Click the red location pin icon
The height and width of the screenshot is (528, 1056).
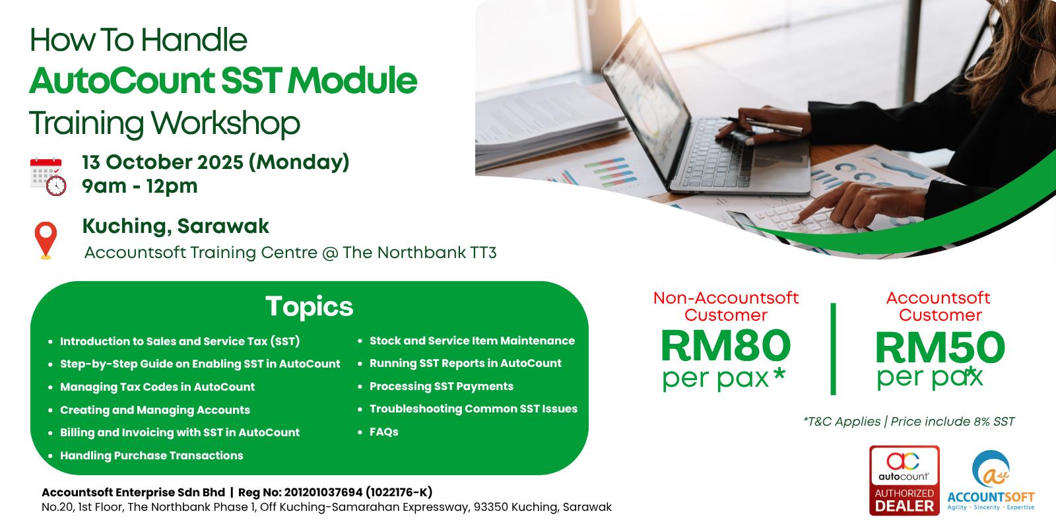tap(46, 240)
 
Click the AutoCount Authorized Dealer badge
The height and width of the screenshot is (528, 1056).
tap(904, 480)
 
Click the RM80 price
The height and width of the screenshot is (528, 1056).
tap(725, 346)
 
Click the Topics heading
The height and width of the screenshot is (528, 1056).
tap(310, 307)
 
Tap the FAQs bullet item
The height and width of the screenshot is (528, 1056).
tap(383, 432)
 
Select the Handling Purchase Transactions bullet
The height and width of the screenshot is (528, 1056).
tap(151, 455)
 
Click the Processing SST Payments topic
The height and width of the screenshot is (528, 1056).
tap(442, 387)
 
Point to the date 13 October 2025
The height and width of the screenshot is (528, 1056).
tap(162, 162)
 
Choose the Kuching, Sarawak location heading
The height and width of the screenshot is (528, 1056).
tap(176, 226)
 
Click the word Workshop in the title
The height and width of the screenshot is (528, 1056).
tap(225, 123)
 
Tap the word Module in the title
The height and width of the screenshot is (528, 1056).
tap(352, 81)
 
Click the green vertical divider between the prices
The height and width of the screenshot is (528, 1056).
tap(833, 349)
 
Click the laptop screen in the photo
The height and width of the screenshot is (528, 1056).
tap(647, 100)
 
